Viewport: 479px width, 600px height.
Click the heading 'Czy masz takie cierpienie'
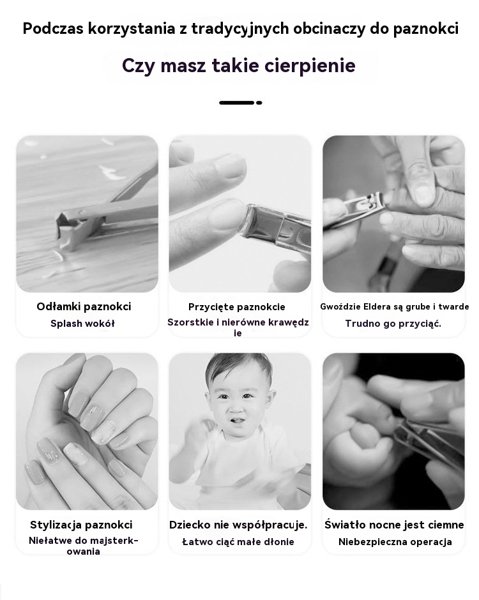pos(239,65)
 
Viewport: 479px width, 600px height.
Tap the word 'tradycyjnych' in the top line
pos(240,29)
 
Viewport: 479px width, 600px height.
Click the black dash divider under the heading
pos(240,103)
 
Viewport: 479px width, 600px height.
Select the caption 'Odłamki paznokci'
pos(84,306)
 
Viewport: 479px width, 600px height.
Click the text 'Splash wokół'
pos(82,324)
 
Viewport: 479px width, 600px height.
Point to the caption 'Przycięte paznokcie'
pos(237,307)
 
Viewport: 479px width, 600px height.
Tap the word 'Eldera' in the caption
pos(377,306)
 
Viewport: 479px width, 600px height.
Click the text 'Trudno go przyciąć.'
pos(393,324)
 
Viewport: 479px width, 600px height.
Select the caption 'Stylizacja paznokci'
pos(81,525)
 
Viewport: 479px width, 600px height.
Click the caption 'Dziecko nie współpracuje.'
pos(238,525)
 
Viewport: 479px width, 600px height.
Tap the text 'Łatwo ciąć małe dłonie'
pos(238,542)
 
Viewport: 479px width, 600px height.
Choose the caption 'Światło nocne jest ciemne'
pos(394,525)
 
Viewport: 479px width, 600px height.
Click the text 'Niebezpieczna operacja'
pos(395,542)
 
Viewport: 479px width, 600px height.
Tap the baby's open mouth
pos(238,421)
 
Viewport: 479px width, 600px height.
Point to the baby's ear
pos(271,399)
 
